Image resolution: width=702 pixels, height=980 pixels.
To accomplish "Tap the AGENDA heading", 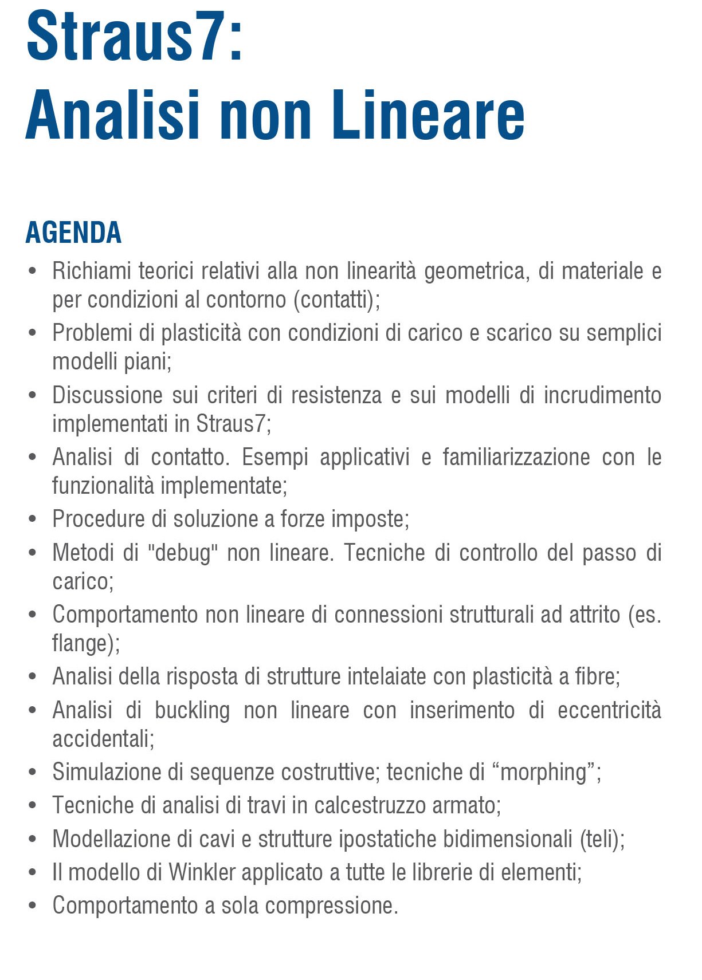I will tap(73, 233).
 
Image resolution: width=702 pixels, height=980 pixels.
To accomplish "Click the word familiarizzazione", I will tap(516, 457).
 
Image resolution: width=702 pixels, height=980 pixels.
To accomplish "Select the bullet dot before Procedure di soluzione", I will tap(33, 519).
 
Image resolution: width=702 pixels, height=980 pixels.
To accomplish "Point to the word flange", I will tap(81, 643).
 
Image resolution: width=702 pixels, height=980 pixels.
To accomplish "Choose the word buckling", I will tap(192, 711).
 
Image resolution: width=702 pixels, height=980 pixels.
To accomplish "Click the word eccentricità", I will tap(609, 710).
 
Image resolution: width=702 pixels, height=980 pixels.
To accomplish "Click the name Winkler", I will tap(202, 872).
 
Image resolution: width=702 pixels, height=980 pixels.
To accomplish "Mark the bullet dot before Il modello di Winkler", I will tap(33, 872).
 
